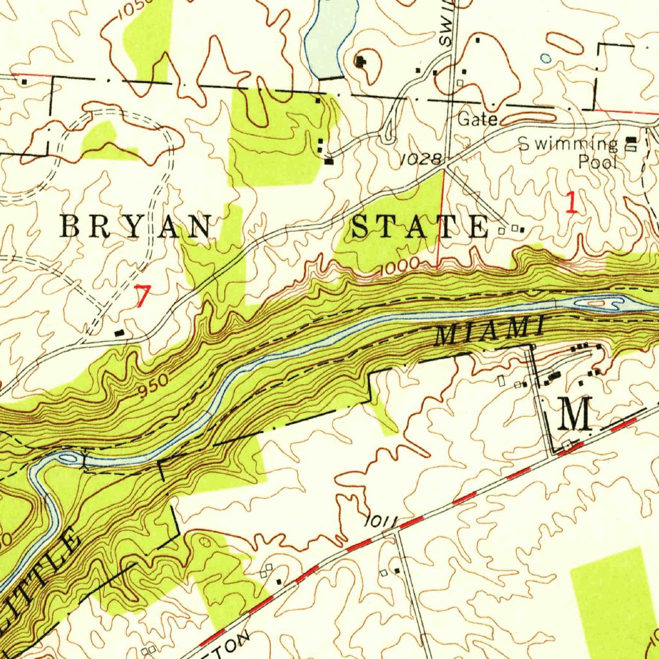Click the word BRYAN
pyautogui.click(x=136, y=227)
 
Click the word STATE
pyautogui.click(x=422, y=227)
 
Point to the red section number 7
pyautogui.click(x=142, y=297)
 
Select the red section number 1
pyautogui.click(x=571, y=203)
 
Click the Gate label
pyautogui.click(x=478, y=120)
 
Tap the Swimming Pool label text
pyautogui.click(x=573, y=153)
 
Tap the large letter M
pyautogui.click(x=576, y=414)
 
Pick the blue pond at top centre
pyautogui.click(x=331, y=35)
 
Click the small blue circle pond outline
pyautogui.click(x=546, y=59)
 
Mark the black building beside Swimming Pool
pyautogui.click(x=631, y=140)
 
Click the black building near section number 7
pyautogui.click(x=120, y=332)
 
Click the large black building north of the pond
pyautogui.click(x=360, y=62)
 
